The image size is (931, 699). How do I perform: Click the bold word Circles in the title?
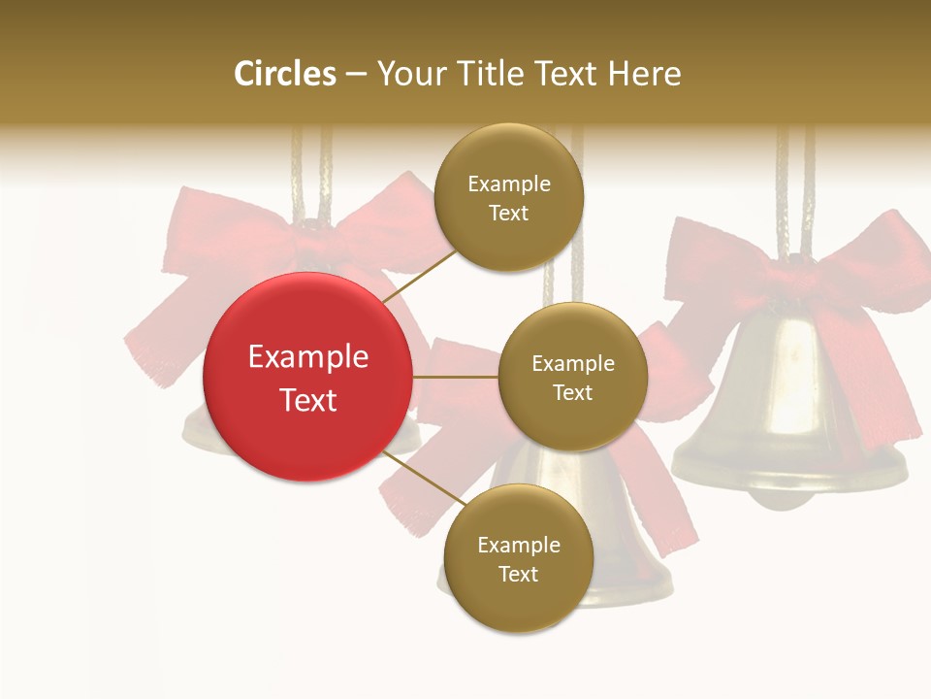pos(285,74)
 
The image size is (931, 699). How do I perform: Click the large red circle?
pos(307,377)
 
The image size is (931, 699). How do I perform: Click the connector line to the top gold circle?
pos(419,275)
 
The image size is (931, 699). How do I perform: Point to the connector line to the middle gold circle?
pos(455,377)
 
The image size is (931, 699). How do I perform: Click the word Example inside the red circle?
pos(308,357)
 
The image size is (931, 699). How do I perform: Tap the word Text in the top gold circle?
pos(509,213)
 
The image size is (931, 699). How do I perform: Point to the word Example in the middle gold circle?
pos(572,364)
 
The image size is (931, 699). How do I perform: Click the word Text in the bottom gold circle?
pos(518,574)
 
